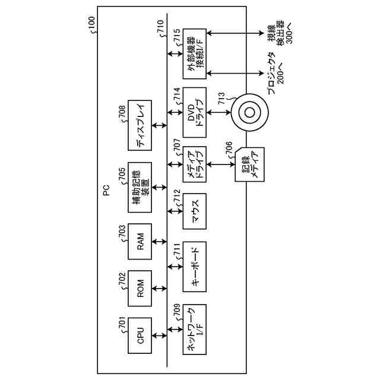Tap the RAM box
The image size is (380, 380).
click(141, 242)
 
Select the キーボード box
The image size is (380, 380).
click(195, 266)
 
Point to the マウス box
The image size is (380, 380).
click(195, 211)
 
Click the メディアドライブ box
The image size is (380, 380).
click(195, 163)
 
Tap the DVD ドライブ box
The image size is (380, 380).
click(195, 110)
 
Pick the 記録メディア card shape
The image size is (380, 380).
click(250, 163)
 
